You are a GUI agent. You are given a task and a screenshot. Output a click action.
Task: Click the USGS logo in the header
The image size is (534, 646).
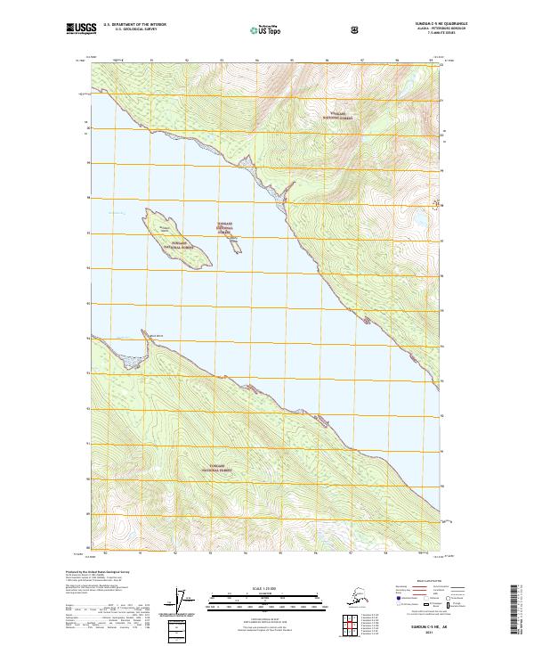click(x=79, y=29)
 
